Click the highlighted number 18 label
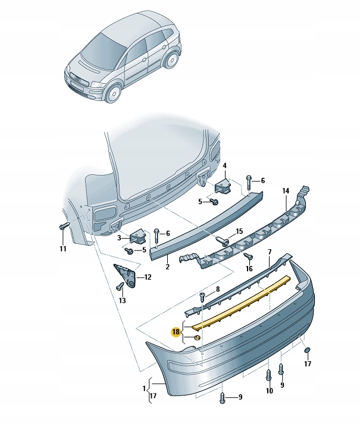pyautogui.click(x=176, y=332)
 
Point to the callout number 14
pyautogui.click(x=286, y=191)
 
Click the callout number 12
pyautogui.click(x=148, y=277)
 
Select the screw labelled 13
pyautogui.click(x=121, y=287)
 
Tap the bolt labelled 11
pyautogui.click(x=64, y=226)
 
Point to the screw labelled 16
pyautogui.click(x=248, y=256)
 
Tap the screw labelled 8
pyautogui.click(x=202, y=296)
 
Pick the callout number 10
pyautogui.click(x=269, y=391)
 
